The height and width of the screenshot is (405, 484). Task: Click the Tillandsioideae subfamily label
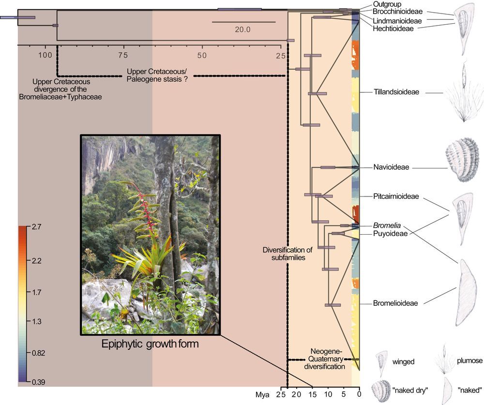click(396, 92)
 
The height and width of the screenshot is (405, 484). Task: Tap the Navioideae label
click(391, 167)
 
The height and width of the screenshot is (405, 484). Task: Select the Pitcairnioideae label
click(396, 196)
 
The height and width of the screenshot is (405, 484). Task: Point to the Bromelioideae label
click(395, 303)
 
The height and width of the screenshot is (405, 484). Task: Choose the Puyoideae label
click(390, 233)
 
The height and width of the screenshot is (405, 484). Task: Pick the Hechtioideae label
click(393, 29)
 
